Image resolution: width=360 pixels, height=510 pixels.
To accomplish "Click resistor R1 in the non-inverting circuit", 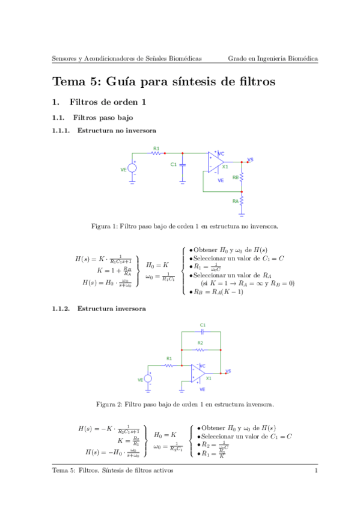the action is coord(156,153).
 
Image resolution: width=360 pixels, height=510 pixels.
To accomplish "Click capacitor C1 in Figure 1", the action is coord(183,164).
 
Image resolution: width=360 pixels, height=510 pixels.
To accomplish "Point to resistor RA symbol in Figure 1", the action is coord(242,200).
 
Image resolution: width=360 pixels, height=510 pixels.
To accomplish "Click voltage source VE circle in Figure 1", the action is coord(132,168).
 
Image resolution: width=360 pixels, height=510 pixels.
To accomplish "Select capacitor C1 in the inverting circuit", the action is coord(203,331).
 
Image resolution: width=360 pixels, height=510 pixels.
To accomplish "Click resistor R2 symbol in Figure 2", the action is coord(201,349).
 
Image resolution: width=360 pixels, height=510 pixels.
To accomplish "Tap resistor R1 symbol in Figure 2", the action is coord(169,364).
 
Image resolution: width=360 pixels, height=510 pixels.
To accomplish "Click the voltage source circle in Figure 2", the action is coord(148,379).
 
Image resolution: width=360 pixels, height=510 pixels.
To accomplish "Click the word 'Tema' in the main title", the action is coord(69,81).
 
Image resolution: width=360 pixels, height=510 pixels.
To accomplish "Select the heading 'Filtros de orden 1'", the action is coord(108,102).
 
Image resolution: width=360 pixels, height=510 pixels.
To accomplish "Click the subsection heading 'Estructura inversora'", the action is coord(111,309).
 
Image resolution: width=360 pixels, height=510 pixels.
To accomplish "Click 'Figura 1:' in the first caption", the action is coord(104,227).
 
